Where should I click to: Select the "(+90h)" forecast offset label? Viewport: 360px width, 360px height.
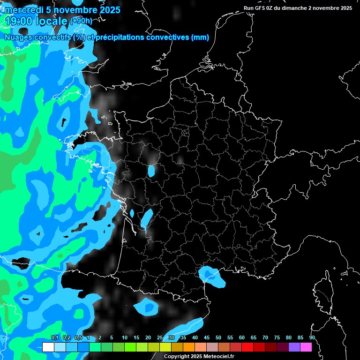pos(81,21)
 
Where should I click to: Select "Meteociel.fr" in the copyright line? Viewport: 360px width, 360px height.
pos(218,356)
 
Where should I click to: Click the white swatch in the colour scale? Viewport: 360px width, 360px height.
pos(48,347)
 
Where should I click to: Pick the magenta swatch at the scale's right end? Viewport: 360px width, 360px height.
pos(306,347)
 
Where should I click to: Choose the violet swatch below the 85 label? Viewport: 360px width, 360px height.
pos(294,347)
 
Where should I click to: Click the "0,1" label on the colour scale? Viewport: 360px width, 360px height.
pos(55,338)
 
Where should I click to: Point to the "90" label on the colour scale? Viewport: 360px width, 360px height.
pos(312,338)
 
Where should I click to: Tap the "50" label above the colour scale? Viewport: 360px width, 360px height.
pos(218,338)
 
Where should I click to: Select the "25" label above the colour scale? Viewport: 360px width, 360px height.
pos(160,338)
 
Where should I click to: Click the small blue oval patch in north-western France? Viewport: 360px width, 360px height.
pos(151,171)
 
